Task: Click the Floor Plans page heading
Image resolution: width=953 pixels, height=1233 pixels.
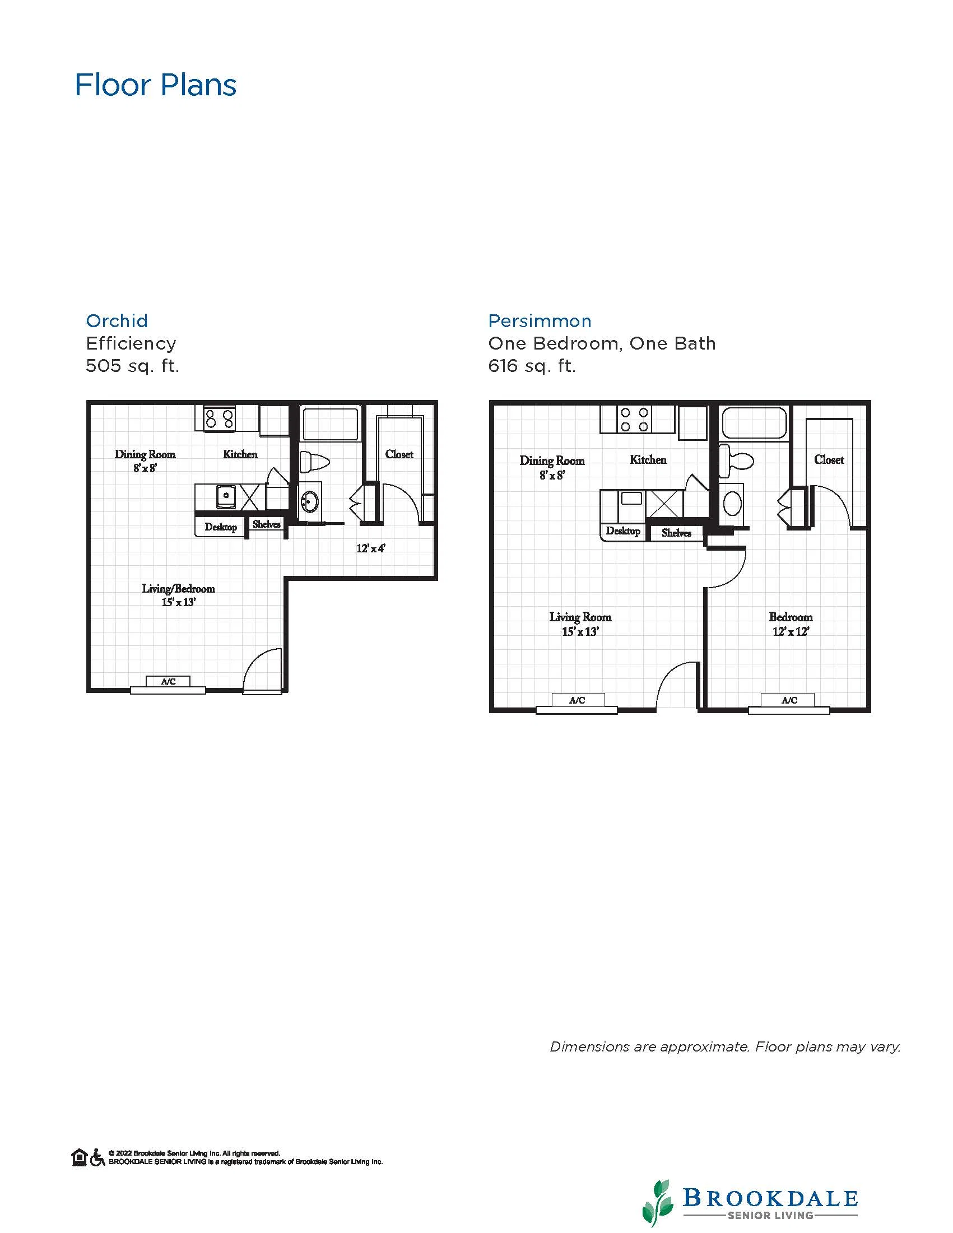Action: pyautogui.click(x=156, y=85)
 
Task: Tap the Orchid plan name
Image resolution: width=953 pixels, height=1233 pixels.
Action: pyautogui.click(x=117, y=320)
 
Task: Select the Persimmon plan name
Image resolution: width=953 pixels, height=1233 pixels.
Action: pyautogui.click(x=540, y=320)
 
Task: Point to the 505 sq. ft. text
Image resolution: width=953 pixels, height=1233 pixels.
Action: pyautogui.click(x=133, y=366)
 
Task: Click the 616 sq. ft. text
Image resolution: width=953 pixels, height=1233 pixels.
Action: pyautogui.click(x=532, y=366)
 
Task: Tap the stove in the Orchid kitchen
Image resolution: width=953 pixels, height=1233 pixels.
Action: pyautogui.click(x=220, y=419)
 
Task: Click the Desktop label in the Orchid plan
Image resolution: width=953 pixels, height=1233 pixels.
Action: pyautogui.click(x=221, y=527)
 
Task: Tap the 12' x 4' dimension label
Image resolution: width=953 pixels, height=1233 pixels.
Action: pyautogui.click(x=371, y=548)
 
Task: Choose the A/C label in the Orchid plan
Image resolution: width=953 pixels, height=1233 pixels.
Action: pyautogui.click(x=168, y=681)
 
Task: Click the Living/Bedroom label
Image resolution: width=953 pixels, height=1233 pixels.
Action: pyautogui.click(x=178, y=589)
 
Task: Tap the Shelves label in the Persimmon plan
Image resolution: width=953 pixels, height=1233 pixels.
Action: pyautogui.click(x=676, y=533)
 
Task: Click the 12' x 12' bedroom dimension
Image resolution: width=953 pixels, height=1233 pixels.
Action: pyautogui.click(x=791, y=632)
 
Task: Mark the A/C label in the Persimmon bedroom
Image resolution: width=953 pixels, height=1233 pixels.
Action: pyautogui.click(x=789, y=700)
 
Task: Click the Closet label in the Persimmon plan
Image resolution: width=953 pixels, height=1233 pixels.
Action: pyautogui.click(x=829, y=459)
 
